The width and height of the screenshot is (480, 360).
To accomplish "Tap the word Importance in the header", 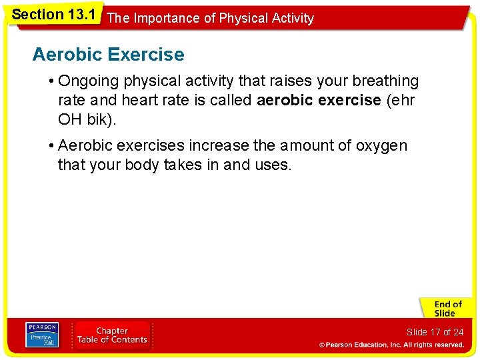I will [x=167, y=19].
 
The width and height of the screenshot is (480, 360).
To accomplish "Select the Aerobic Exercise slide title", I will [x=108, y=54].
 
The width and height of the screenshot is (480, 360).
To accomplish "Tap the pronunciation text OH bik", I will [x=86, y=120].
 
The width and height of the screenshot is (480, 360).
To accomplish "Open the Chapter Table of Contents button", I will [x=112, y=335].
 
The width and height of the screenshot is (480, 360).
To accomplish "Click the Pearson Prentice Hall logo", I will [x=41, y=335].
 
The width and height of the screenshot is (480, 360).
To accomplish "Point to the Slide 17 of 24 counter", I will [x=435, y=332].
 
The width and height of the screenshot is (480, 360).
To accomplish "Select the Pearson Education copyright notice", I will [x=391, y=345].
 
